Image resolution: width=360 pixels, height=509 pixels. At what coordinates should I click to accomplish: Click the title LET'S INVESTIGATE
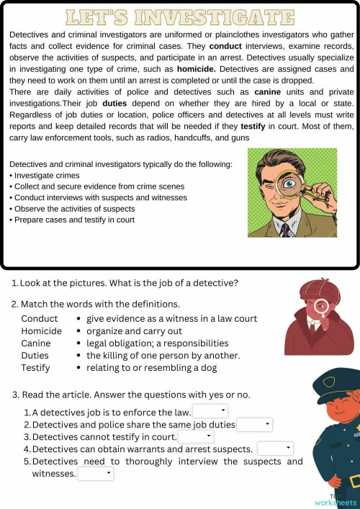pos(179,17)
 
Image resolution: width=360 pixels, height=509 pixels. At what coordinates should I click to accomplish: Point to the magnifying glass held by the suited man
pos(289,185)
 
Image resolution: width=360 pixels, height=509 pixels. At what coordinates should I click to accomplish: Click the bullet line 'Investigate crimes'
pos(47,176)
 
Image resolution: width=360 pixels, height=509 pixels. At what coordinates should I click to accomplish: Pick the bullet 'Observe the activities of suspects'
pos(74,209)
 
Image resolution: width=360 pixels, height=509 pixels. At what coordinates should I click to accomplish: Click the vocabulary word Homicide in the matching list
pos(41,331)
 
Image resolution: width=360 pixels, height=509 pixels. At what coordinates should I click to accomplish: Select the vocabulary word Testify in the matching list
pos(35,368)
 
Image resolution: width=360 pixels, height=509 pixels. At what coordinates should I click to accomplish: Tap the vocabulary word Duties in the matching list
pos(35,356)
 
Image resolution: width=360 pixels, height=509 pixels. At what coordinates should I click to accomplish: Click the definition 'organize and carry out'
pos(134,331)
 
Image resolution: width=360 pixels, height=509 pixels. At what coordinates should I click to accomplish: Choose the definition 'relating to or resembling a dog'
pos(154,368)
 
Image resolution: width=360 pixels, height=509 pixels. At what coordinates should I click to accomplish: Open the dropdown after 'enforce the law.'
pos(210,411)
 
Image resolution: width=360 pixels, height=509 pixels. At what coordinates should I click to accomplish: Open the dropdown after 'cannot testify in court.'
pos(196,436)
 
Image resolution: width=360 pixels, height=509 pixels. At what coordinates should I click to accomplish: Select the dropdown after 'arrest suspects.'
pos(275,449)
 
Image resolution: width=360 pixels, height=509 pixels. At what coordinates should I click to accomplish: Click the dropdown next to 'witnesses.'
pos(96,474)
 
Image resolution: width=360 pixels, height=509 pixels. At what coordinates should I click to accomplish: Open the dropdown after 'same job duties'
pos(254,425)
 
